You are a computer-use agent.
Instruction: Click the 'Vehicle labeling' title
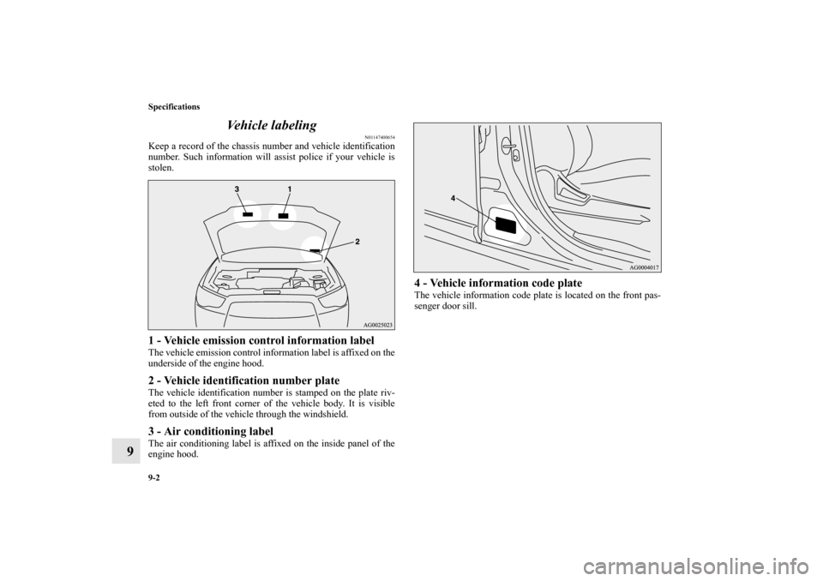(272, 125)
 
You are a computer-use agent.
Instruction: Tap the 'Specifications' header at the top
(174, 107)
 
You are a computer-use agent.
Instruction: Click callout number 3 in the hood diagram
(237, 189)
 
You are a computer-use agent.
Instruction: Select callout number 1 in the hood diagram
(289, 189)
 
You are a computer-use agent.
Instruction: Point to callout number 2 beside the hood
(357, 242)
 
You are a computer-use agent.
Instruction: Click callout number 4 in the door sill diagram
(452, 199)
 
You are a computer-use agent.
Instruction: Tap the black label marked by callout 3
(248, 214)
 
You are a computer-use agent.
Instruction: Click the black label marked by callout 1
(284, 214)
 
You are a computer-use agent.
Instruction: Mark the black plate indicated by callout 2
(315, 250)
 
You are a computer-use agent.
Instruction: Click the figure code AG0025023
(377, 325)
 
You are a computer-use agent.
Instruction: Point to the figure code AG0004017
(644, 267)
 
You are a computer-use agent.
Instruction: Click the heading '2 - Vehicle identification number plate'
(243, 380)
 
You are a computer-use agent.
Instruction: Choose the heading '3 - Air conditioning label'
(211, 431)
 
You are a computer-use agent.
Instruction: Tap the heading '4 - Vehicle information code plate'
(498, 284)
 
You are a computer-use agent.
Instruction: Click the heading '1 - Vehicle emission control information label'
(261, 340)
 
